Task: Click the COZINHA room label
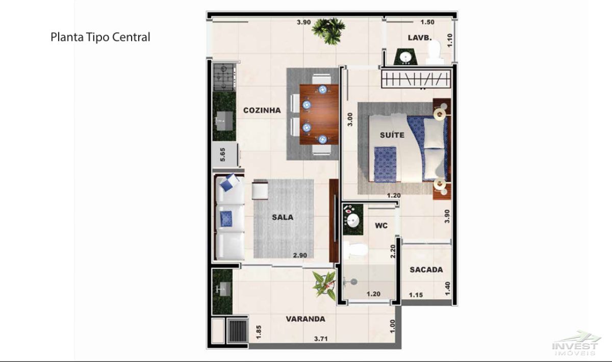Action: point(262,110)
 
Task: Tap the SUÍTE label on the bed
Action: point(392,135)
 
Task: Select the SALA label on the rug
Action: point(283,218)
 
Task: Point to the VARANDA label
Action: point(305,319)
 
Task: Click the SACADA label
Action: point(426,270)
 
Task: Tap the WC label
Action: point(381,226)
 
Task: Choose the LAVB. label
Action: point(420,38)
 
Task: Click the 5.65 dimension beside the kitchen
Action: point(223,154)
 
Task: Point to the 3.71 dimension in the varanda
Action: point(321,339)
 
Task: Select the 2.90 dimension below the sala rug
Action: point(300,255)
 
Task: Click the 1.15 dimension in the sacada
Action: point(416,295)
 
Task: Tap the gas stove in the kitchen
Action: point(224,77)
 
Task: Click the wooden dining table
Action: point(319,115)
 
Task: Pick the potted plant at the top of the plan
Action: point(329,30)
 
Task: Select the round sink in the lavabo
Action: point(405,58)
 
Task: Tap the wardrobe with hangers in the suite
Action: point(416,79)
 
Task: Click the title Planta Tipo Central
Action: point(100,37)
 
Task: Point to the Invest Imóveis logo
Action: point(576,344)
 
